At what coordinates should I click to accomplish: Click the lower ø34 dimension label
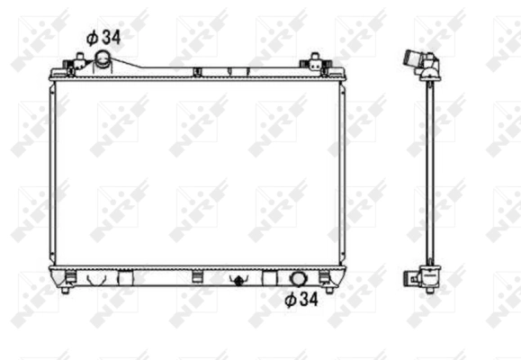[x=303, y=300]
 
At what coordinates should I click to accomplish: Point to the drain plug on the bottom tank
[x=238, y=278]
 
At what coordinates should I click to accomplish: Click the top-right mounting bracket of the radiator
[x=315, y=65]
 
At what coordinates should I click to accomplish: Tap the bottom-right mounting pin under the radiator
[x=328, y=288]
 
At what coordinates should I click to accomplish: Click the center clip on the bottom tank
[x=196, y=274]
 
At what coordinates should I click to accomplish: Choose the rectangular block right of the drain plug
[x=271, y=277]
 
